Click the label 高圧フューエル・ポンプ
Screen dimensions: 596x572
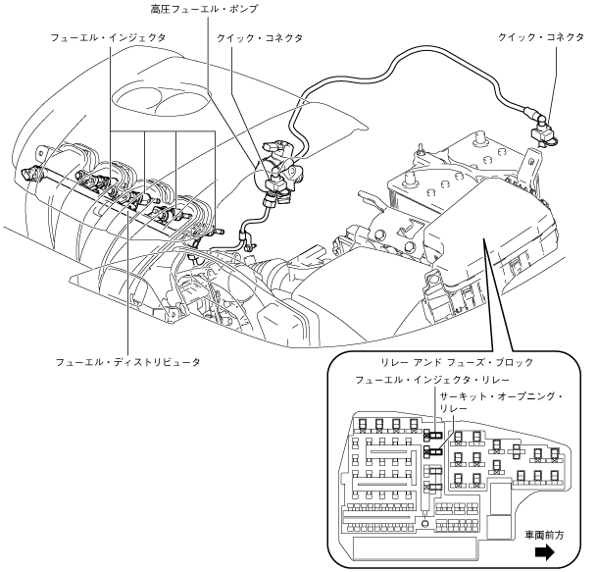pyautogui.click(x=204, y=9)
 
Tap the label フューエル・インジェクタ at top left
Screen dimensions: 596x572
pyautogui.click(x=109, y=38)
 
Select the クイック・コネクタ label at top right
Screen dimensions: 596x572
pyautogui.click(x=540, y=37)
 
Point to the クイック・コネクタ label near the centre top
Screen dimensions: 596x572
pyautogui.click(x=260, y=38)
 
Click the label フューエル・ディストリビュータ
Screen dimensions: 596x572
pyautogui.click(x=127, y=362)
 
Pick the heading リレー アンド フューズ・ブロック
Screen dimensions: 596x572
pyautogui.click(x=457, y=362)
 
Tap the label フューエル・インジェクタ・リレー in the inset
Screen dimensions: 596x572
pyautogui.click(x=431, y=380)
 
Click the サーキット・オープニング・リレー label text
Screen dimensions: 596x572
pyautogui.click(x=501, y=402)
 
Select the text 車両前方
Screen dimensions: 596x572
pyautogui.click(x=544, y=535)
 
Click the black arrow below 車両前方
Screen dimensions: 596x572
pyautogui.click(x=545, y=553)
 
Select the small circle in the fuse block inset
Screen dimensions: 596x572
pyautogui.click(x=425, y=523)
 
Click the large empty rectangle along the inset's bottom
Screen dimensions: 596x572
pyautogui.click(x=415, y=547)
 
